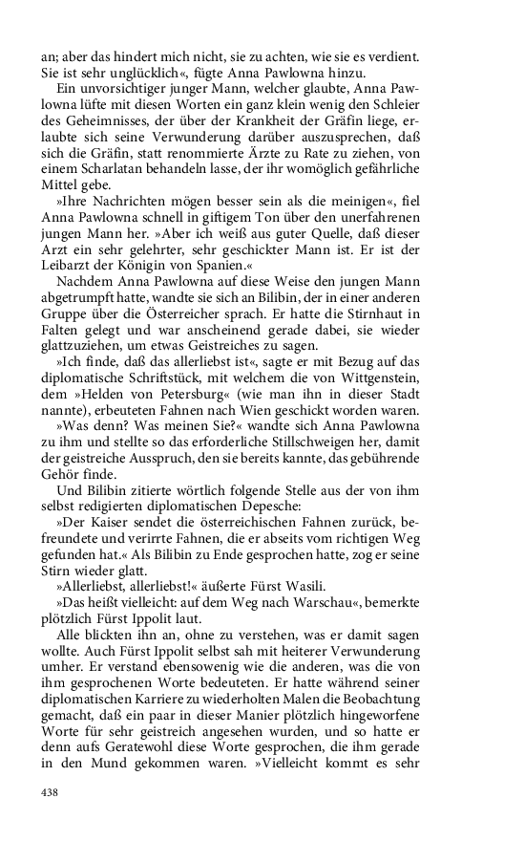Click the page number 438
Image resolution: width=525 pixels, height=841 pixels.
point(50,791)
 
